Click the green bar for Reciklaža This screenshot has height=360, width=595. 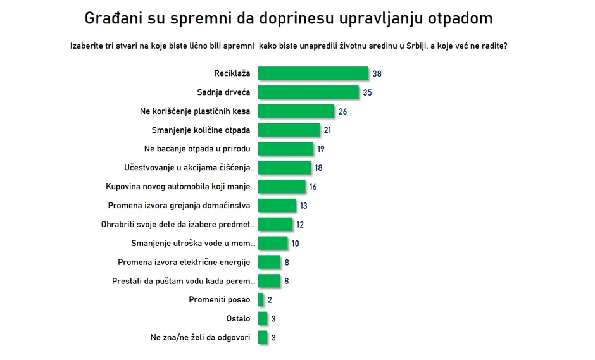click(x=313, y=73)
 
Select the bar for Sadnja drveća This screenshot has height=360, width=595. click(x=309, y=92)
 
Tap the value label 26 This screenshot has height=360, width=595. click(x=342, y=111)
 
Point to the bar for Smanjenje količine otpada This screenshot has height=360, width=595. click(x=289, y=130)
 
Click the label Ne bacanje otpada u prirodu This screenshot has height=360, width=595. click(x=197, y=149)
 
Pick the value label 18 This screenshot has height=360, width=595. click(x=319, y=168)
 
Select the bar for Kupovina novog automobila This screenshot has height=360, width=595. click(x=282, y=187)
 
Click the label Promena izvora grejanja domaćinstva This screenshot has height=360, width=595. click(x=180, y=206)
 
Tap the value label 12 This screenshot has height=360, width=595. click(x=300, y=225)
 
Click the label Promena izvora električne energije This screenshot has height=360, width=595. click(x=184, y=262)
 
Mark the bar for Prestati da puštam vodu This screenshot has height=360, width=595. click(x=270, y=281)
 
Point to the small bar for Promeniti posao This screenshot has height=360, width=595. click(x=261, y=300)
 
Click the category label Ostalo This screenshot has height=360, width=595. click(x=238, y=319)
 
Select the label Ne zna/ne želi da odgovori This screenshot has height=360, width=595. click(x=200, y=337)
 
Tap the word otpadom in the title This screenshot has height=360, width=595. click(x=460, y=18)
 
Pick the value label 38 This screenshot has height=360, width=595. click(x=377, y=73)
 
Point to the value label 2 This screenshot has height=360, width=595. click(x=270, y=300)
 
